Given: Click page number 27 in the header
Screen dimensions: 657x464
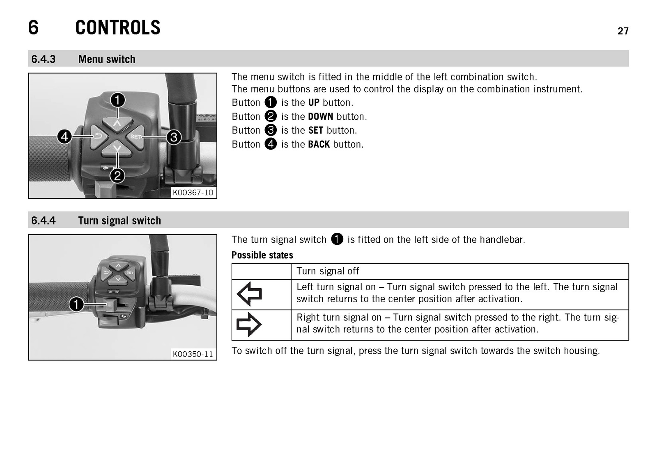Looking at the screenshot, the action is pos(623,31).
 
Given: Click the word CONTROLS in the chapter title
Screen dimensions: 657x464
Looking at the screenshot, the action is pos(117,27).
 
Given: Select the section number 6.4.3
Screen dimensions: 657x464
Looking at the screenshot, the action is pos(43,59).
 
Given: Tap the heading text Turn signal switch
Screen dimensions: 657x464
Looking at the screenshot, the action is pos(119,221).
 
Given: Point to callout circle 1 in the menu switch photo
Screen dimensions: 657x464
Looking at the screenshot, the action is pos(117,100).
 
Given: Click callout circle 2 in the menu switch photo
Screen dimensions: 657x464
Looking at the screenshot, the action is pos(117,176).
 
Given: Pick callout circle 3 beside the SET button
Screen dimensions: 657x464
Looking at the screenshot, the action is pos(174,137).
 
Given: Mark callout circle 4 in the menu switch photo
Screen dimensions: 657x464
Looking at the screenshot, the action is pos(64,136).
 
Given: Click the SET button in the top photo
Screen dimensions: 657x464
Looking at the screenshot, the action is pos(136,137).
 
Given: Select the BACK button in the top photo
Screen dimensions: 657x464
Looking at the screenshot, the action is pos(99,137).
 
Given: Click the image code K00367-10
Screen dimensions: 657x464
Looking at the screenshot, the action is pos(193,193).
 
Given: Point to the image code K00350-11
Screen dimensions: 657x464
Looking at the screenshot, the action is pos(193,354).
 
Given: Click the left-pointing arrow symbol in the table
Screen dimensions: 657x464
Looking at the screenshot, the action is pos(249,294).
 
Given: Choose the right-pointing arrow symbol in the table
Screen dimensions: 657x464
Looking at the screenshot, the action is pos(249,324).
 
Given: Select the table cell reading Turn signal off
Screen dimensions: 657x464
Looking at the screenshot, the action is pos(460,271).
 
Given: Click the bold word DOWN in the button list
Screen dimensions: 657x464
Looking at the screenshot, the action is pos(321,116).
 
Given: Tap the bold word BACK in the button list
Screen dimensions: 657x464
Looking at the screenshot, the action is pos(319,144).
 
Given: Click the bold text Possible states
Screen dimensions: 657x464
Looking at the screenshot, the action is pos(262,255).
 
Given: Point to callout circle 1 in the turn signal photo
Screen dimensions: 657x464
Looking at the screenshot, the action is pos(76,304).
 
